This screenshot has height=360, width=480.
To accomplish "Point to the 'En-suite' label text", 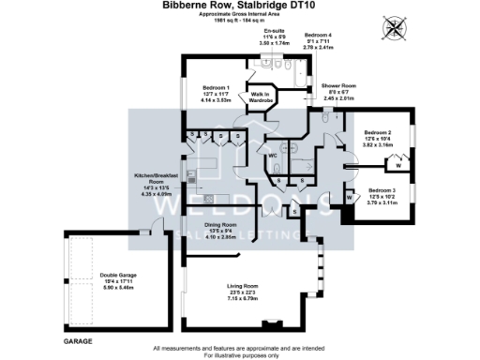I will click(x=275, y=31).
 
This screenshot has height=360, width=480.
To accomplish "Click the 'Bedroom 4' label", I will click(x=318, y=34).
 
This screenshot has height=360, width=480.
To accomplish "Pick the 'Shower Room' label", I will click(x=335, y=85).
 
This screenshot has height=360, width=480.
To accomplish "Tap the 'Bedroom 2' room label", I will click(x=378, y=133).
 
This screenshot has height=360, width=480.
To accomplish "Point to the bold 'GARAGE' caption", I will click(x=80, y=343).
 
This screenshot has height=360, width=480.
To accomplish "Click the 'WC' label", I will click(x=273, y=156).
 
